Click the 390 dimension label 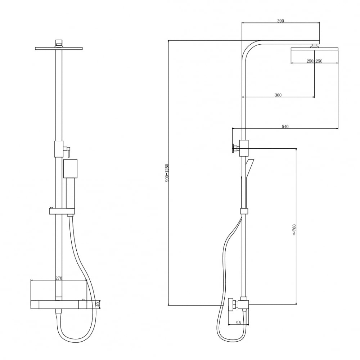click(x=280, y=21)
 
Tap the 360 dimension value click(x=278, y=95)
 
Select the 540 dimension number click(x=285, y=126)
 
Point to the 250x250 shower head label click(x=315, y=61)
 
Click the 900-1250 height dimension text click(x=167, y=173)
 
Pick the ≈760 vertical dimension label click(x=294, y=230)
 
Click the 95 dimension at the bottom click(x=238, y=323)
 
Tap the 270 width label click(x=59, y=278)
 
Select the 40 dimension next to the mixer click(x=98, y=305)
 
